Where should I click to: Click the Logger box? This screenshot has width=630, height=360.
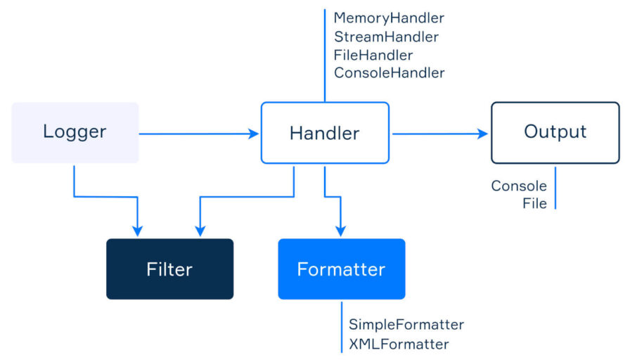point(75,133)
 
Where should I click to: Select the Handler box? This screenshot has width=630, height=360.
point(325,133)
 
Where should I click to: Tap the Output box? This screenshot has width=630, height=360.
point(555,133)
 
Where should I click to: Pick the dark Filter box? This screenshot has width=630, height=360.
point(170,269)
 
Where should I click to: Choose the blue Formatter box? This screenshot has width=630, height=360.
point(342,269)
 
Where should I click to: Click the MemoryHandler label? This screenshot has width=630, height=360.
point(389,18)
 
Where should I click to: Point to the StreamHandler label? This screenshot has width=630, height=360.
point(387,37)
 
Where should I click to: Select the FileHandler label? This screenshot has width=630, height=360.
point(373,55)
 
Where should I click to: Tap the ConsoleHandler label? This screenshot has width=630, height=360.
point(390,72)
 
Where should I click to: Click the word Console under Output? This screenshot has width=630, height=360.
point(519,186)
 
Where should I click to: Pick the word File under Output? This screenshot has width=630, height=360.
point(535,203)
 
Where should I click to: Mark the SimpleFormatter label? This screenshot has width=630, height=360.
point(406,324)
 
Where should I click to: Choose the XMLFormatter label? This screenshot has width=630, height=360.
point(399,344)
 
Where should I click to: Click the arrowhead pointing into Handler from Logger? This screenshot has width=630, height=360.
point(254,134)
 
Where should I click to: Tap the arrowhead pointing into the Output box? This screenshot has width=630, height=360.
point(483,134)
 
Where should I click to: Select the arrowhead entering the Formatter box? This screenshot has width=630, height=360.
point(341,231)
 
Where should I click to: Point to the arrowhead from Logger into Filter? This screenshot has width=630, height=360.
point(137,231)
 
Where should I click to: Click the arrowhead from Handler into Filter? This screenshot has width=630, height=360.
point(200,231)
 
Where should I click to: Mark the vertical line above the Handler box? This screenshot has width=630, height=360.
point(325,56)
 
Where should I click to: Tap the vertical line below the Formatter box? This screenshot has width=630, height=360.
point(342,327)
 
